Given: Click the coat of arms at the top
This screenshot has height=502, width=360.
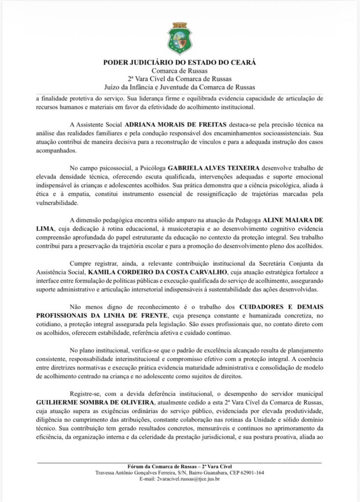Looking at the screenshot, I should [180, 38].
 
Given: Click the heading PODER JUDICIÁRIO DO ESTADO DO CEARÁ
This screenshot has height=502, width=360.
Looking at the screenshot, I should [180, 62].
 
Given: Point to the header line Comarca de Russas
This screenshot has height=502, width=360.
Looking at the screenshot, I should [180, 71].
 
